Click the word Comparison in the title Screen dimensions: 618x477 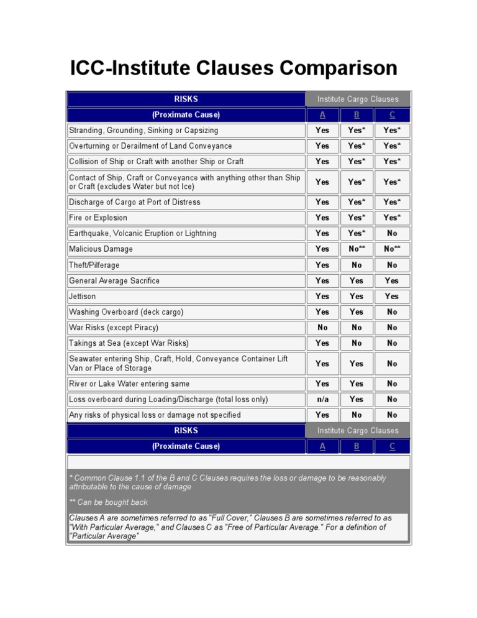coord(329,68)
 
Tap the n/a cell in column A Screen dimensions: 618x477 coord(322,399)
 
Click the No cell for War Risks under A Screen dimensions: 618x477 coord(322,328)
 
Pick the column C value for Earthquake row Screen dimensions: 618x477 coord(392,233)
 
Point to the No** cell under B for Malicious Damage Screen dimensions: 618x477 coord(357,249)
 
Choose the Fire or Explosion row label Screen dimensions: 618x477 coord(98,218)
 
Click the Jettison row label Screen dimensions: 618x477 coord(83,297)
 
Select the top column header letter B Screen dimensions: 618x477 coord(357,114)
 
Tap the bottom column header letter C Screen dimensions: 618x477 coord(392,446)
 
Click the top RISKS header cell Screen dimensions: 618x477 coord(186,99)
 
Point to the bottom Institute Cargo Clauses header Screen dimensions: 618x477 coord(358,430)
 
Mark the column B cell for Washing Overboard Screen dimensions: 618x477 coord(357,312)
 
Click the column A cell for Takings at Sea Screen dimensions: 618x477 coord(322,343)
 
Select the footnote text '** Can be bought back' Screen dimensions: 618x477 coord(109,502)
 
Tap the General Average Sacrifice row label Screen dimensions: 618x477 coord(114,280)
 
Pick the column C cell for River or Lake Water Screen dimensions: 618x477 coord(392,384)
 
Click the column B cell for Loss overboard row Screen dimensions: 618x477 coord(357,399)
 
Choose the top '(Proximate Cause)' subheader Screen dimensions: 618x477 coord(186,114)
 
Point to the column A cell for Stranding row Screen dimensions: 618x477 coord(322,131)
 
